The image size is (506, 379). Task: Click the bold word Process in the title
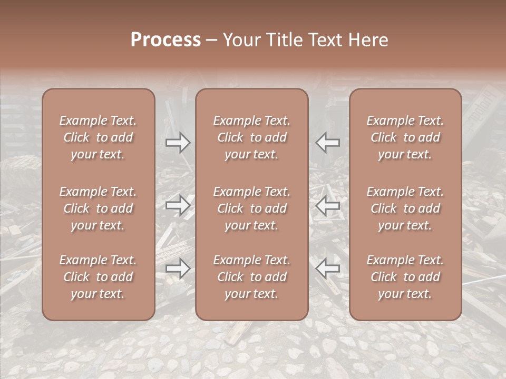[x=166, y=40]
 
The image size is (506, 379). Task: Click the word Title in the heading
[x=282, y=40]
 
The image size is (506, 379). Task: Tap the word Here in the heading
[x=369, y=40]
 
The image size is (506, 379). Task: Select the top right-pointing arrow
[x=178, y=143]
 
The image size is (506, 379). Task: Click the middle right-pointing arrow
[x=178, y=205]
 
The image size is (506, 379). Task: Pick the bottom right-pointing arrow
[x=178, y=269]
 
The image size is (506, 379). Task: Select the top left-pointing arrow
[x=328, y=143]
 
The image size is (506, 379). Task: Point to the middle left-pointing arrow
[x=328, y=205]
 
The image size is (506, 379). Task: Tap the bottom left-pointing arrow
[x=328, y=269]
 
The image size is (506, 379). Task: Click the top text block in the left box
[x=98, y=137]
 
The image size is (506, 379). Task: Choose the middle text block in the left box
[x=98, y=208]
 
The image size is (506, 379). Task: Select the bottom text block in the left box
[x=98, y=277]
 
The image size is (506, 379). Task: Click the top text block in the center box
[x=251, y=137]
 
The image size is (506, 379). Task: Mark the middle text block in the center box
[x=251, y=208]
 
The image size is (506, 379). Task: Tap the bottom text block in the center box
[x=251, y=277]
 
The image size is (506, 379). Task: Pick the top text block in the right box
[x=405, y=137]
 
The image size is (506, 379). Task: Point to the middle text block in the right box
[x=405, y=208]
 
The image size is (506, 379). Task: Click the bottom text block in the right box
[x=405, y=277]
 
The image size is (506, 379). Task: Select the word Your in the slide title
[x=242, y=40]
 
